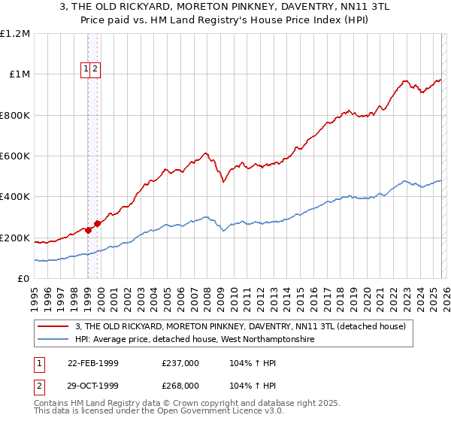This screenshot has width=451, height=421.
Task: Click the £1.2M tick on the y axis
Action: coord(15,33)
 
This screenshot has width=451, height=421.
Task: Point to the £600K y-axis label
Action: coord(15,156)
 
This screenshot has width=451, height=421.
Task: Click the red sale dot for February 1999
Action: coord(89,230)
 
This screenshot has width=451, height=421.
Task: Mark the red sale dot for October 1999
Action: coord(98,224)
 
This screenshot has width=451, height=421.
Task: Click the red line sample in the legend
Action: coord(54,326)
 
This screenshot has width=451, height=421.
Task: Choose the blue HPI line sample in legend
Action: coord(54,340)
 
